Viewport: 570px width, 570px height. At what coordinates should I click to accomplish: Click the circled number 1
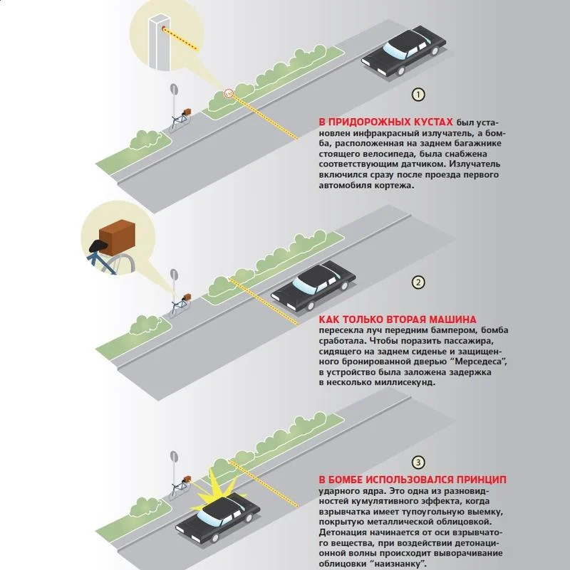pos(418,95)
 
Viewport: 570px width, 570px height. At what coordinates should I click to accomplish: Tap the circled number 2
pos(418,283)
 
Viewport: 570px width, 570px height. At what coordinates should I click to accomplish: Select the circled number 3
pos(418,463)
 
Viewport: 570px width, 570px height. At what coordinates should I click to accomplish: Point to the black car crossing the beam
pos(313,286)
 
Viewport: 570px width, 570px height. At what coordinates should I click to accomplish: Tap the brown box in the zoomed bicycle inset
pos(117,238)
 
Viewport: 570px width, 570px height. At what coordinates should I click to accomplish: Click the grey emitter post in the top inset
pos(160,41)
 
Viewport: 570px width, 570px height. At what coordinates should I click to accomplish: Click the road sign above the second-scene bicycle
pos(174,275)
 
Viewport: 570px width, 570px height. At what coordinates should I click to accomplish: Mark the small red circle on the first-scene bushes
pos(228,93)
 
